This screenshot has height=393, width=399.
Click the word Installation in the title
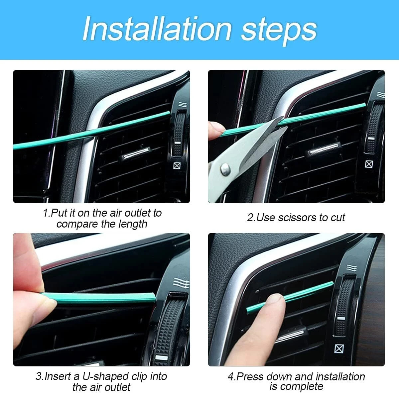(x=157, y=29)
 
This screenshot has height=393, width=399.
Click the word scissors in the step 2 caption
(x=297, y=218)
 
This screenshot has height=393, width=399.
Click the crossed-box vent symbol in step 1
(x=177, y=165)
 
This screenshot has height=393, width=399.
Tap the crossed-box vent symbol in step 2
(x=369, y=163)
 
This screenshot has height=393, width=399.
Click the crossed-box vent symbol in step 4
(x=339, y=348)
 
